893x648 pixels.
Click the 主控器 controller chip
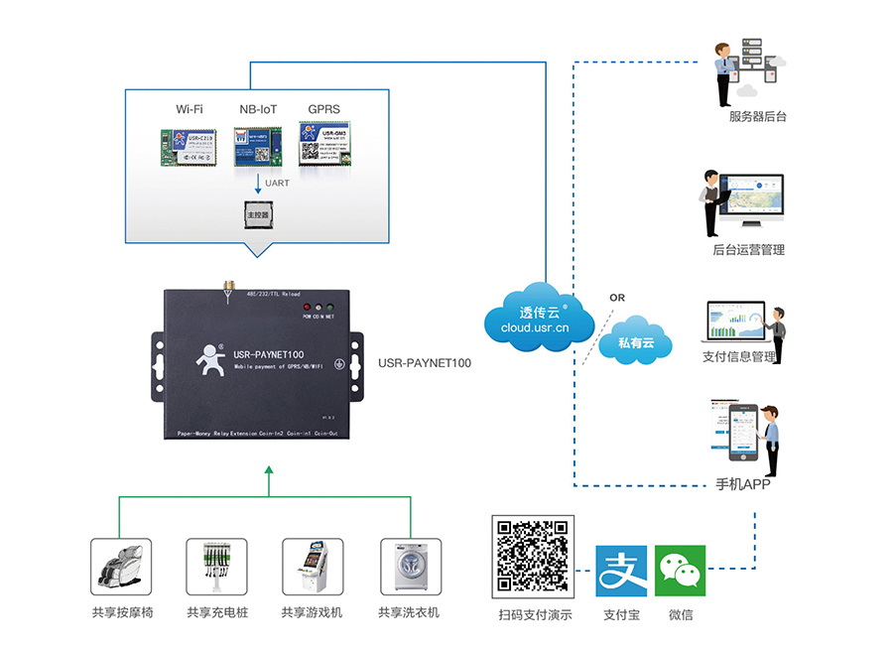(x=258, y=212)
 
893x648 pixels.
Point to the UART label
(x=278, y=184)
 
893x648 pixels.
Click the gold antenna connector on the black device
(x=227, y=290)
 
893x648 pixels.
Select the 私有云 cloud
(x=636, y=341)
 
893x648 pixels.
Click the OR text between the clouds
(x=617, y=297)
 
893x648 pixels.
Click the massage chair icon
(x=121, y=567)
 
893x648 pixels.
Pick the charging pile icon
(x=216, y=567)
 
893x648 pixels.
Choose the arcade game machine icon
(x=313, y=567)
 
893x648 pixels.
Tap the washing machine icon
(x=410, y=567)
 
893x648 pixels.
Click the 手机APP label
(x=743, y=485)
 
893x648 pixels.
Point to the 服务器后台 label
(x=757, y=117)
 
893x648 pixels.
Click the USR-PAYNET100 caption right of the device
(x=425, y=363)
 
